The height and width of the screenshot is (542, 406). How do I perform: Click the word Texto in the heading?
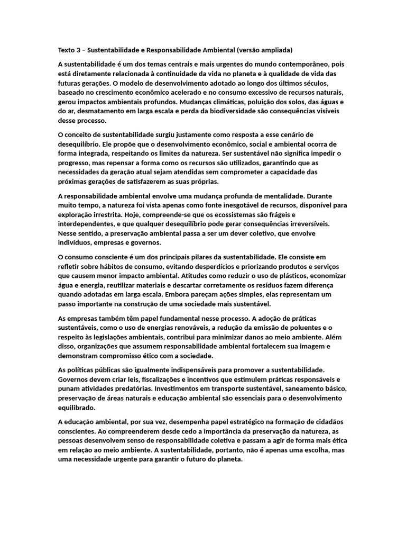pyautogui.click(x=67, y=50)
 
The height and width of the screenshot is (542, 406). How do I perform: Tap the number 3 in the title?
pyautogui.click(x=80, y=50)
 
